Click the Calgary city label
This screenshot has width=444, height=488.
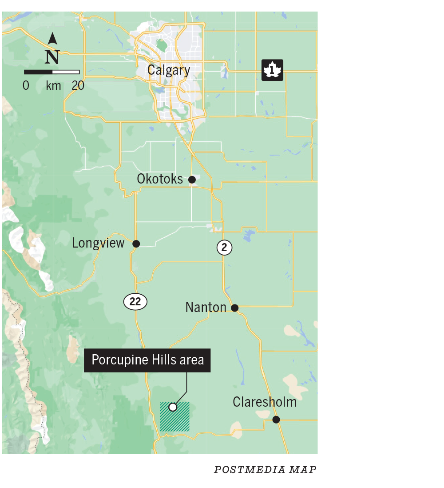(x=169, y=70)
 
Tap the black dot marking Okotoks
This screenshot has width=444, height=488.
(x=192, y=180)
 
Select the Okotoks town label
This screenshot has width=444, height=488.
(x=160, y=179)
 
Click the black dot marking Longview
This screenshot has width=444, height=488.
(x=136, y=244)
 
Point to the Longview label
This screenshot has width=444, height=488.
(x=98, y=243)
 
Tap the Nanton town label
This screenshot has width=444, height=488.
(x=206, y=307)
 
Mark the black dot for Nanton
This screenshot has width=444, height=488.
(x=235, y=308)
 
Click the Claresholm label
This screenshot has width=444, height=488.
(x=265, y=402)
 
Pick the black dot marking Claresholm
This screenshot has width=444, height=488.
(x=276, y=420)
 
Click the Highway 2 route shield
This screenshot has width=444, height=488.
(x=224, y=248)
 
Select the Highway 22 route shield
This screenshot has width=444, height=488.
(x=135, y=302)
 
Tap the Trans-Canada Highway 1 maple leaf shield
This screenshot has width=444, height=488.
(x=272, y=70)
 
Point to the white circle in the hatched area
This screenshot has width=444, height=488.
(x=173, y=407)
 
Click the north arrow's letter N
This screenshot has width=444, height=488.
(x=52, y=57)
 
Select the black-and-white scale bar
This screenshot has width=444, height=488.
(x=52, y=72)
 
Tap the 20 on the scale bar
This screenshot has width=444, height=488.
(x=78, y=85)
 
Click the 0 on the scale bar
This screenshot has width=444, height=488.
(x=26, y=85)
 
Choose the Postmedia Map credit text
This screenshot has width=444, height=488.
(x=265, y=470)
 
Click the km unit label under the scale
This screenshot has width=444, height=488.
(x=53, y=85)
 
